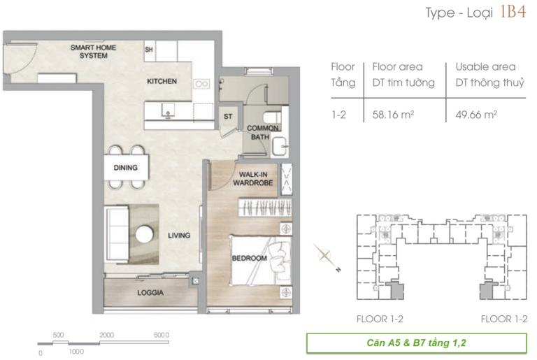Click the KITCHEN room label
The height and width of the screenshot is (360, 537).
162,81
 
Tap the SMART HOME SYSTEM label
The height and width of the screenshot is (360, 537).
93,52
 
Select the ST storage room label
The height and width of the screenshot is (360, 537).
228,117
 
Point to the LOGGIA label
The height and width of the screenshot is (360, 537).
150,292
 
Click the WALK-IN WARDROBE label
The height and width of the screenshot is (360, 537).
253,178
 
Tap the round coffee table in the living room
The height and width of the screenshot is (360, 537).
144,235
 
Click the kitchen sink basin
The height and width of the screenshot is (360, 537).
168,110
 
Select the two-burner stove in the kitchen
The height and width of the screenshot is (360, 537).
201,84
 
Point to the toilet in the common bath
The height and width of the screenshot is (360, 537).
273,117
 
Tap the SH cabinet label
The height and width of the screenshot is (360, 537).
149,50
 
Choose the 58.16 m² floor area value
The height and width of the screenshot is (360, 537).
393,115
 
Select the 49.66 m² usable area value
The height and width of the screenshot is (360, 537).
476,115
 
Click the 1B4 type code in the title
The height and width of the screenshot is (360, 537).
513,12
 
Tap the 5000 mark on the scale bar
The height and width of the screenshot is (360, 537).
162,335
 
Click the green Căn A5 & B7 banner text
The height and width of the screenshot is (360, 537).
416,343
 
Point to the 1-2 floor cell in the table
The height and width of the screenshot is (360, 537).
338,115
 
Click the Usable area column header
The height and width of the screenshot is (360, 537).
485,66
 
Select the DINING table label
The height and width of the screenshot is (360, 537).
126,168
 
